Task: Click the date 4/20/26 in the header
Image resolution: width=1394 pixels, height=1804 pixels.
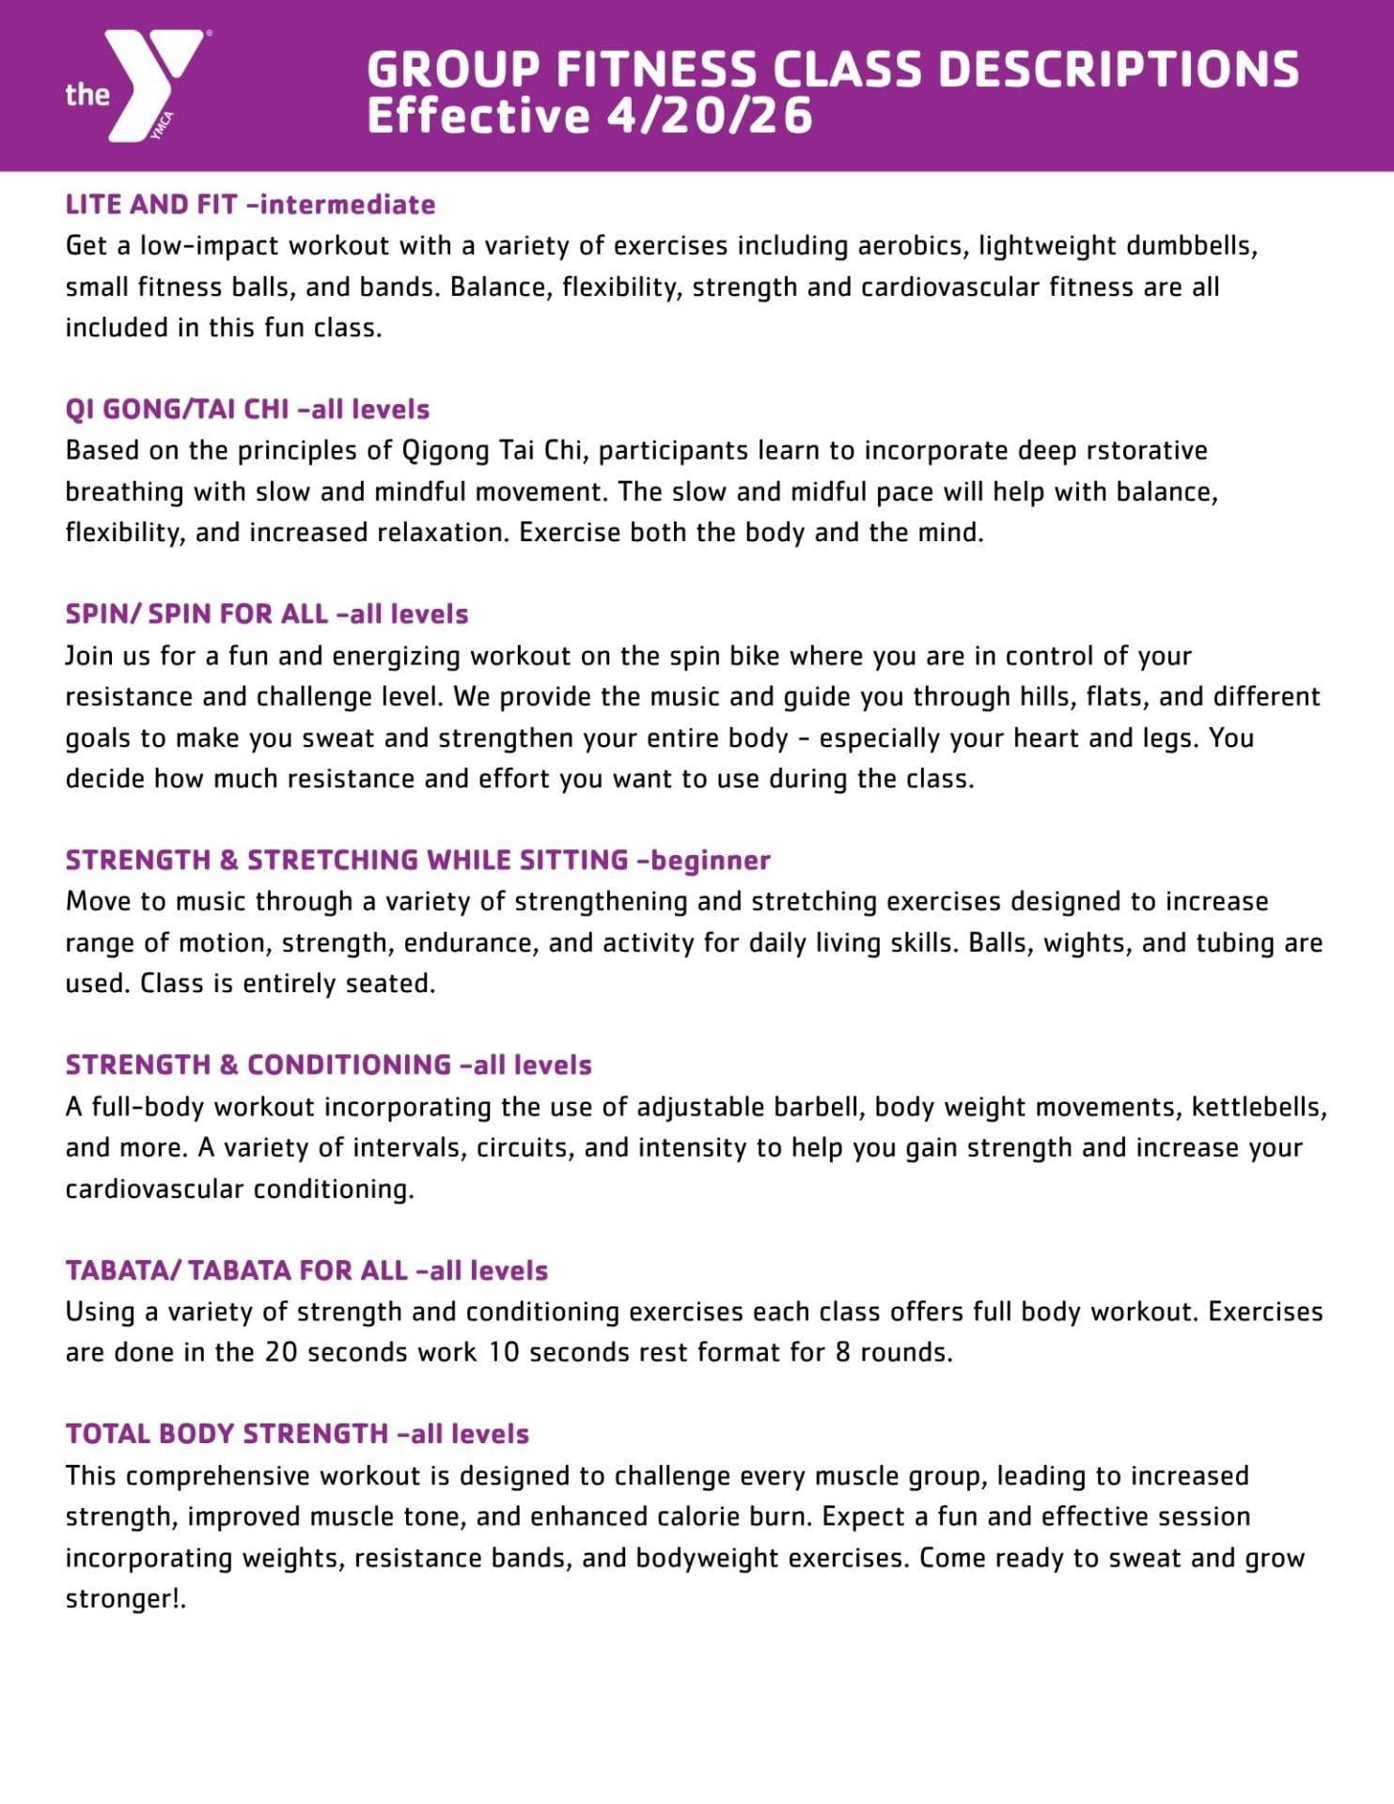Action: pyautogui.click(x=710, y=117)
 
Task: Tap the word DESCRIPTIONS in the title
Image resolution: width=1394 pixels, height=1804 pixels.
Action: pyautogui.click(x=1119, y=70)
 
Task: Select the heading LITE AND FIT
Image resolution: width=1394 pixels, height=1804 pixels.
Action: pyautogui.click(x=150, y=205)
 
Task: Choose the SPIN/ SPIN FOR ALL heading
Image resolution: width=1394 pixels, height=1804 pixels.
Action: pyautogui.click(x=196, y=614)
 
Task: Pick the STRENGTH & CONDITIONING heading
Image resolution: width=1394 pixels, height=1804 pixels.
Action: pyautogui.click(x=258, y=1065)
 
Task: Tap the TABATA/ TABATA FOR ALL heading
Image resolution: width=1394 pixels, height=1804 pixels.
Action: pyautogui.click(x=236, y=1271)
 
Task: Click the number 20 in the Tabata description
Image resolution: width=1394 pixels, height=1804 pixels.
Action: pyautogui.click(x=281, y=1353)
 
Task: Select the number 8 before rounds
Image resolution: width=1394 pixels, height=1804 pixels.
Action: pyautogui.click(x=843, y=1353)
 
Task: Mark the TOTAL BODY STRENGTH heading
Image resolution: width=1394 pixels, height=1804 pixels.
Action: pyautogui.click(x=227, y=1435)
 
